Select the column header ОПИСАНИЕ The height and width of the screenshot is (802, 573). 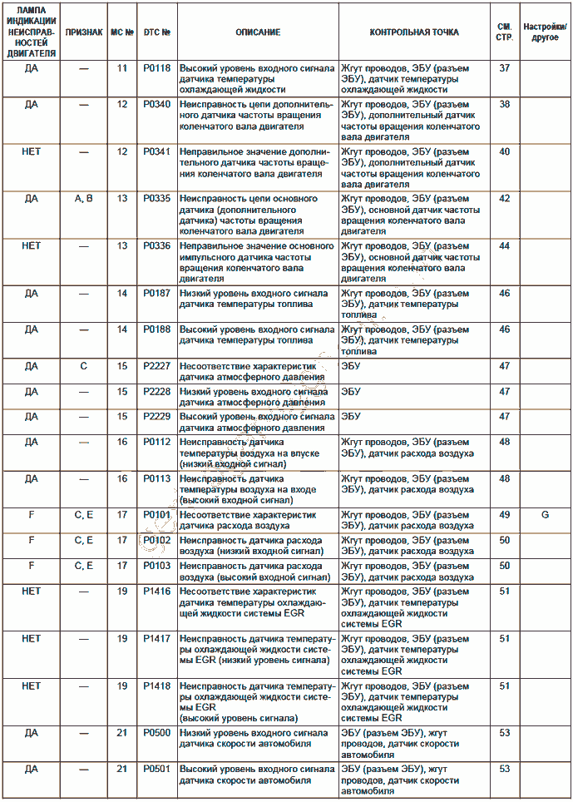tap(258, 32)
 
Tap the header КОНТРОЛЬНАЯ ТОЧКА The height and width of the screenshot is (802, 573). tap(413, 32)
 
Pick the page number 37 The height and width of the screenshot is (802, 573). tap(504, 68)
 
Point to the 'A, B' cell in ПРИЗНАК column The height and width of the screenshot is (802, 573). tap(84, 200)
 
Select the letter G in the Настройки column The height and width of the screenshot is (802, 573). tap(546, 515)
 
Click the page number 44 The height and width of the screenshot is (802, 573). tap(504, 247)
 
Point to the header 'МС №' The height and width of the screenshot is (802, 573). tap(122, 32)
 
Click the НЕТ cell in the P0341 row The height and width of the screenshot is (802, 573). tap(31, 152)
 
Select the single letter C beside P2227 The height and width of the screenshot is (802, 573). tap(84, 365)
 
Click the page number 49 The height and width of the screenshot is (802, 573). tap(504, 515)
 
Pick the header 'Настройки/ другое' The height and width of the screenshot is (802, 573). tap(546, 32)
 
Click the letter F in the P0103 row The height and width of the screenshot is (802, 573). tap(31, 566)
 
